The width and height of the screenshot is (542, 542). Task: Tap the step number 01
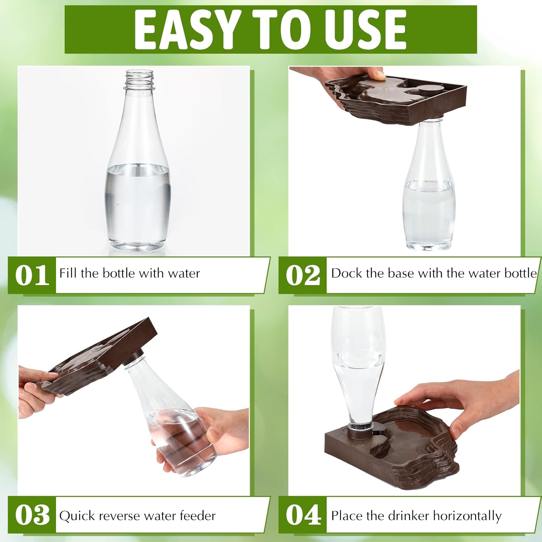click(x=32, y=275)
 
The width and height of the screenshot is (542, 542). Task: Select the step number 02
click(x=303, y=275)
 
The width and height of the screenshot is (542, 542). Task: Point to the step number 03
click(x=32, y=515)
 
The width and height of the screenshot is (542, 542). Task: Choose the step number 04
click(x=303, y=515)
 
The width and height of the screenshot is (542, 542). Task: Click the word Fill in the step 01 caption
click(x=68, y=273)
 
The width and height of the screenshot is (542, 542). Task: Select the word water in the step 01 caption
click(x=184, y=273)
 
